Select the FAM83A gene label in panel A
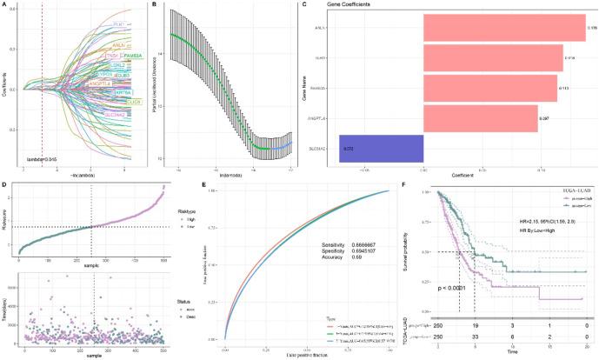point(130,56)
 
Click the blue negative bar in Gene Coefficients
point(381,149)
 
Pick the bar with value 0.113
point(489,88)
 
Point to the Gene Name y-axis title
point(310,87)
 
